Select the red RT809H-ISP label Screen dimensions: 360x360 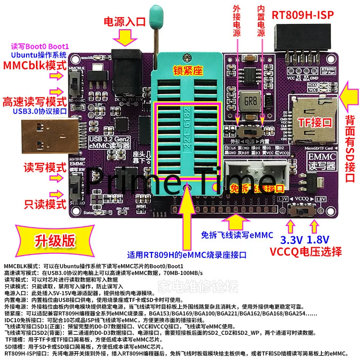[x=302, y=14]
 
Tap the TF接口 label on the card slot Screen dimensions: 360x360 [x=315, y=122]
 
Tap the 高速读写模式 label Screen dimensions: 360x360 [x=35, y=100]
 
